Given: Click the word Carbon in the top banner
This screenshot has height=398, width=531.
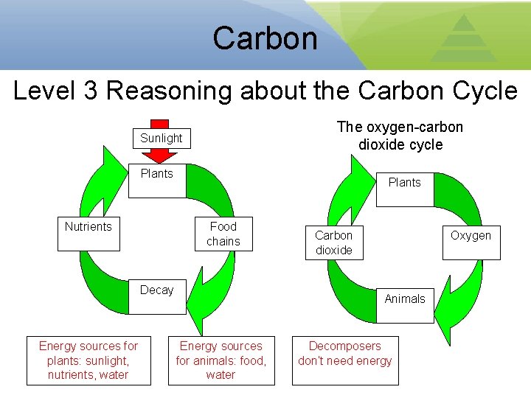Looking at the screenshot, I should pyautogui.click(x=265, y=38).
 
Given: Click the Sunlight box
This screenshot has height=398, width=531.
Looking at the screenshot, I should pyautogui.click(x=161, y=139).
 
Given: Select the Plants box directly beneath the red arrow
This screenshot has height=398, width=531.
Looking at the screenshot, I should pyautogui.click(x=157, y=181).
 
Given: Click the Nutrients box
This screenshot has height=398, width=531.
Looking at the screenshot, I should pyautogui.click(x=88, y=234).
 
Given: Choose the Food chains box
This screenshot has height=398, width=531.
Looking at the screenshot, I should pyautogui.click(x=223, y=234).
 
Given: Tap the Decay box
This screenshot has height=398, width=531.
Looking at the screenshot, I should pyautogui.click(x=157, y=297).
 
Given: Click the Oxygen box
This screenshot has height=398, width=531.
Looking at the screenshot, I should pyautogui.click(x=471, y=242).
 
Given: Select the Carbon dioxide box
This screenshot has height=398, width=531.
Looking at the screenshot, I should pyautogui.click(x=334, y=243).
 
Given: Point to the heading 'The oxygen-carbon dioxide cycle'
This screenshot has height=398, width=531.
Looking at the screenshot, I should pyautogui.click(x=400, y=136).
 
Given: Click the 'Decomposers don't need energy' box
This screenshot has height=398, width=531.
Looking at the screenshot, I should pyautogui.click(x=345, y=360).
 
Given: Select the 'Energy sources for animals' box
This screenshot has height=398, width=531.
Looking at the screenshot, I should pyautogui.click(x=221, y=360).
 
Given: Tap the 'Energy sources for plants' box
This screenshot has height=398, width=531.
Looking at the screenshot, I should pyautogui.click(x=88, y=360).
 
